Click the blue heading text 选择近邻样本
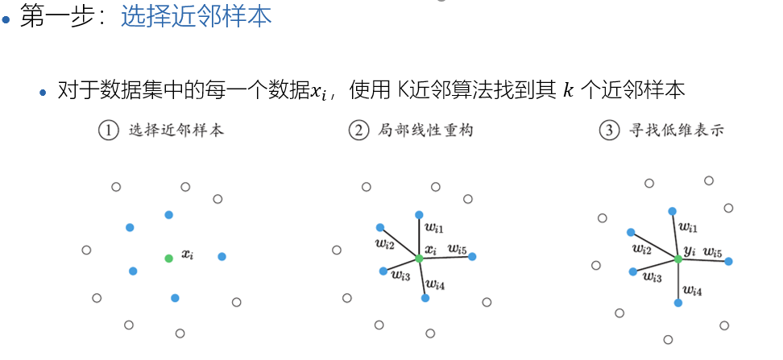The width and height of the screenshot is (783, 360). click(196, 18)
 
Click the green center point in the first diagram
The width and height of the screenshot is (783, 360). click(168, 258)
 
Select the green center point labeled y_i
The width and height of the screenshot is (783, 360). click(677, 259)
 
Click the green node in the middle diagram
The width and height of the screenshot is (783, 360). click(419, 258)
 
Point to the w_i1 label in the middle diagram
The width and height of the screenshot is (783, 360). click(435, 230)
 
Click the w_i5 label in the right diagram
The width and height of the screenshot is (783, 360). click(712, 252)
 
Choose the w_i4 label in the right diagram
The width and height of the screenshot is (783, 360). click(692, 290)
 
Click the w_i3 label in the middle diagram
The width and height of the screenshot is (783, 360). click(400, 276)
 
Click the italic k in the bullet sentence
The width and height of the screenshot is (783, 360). click(569, 90)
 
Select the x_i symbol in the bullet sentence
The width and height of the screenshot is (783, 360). click(320, 91)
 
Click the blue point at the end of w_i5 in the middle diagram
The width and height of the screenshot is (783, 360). click(472, 257)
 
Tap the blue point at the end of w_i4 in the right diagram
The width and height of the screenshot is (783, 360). click(678, 303)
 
